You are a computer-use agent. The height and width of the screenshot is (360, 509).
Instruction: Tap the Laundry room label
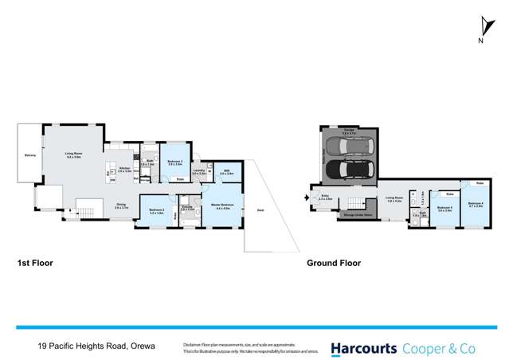199,171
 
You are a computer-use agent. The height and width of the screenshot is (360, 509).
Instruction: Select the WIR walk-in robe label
226,171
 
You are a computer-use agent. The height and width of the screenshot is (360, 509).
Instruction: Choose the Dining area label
121,205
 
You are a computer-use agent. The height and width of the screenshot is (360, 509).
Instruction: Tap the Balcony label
29,155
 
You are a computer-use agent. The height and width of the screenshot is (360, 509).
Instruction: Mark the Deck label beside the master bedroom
260,209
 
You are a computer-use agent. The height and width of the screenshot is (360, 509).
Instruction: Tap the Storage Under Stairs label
354,214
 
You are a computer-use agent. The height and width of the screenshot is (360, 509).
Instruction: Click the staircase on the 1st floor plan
84,212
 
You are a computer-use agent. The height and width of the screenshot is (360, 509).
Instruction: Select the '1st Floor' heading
35,262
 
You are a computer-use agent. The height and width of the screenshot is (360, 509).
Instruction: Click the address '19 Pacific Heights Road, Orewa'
96,346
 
